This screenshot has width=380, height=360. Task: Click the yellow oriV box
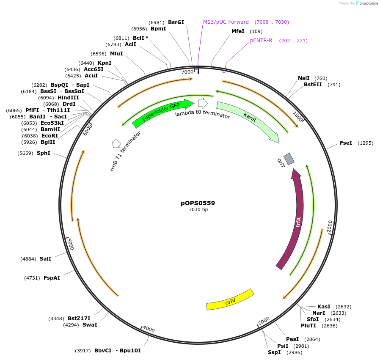[x=230, y=300]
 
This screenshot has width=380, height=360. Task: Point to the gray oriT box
[x=289, y=159]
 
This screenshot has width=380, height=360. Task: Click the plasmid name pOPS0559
[x=198, y=203]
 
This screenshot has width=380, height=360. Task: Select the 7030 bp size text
[x=198, y=210]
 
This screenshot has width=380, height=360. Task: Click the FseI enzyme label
[x=346, y=143]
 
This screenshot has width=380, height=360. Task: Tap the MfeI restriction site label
[x=238, y=31]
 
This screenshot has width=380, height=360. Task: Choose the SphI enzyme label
[x=43, y=153]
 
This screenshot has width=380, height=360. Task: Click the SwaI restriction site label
[x=90, y=325]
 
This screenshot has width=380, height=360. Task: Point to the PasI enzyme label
[x=292, y=339]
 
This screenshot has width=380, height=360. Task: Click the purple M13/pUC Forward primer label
[x=226, y=22]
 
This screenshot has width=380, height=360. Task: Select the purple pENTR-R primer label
[x=261, y=41]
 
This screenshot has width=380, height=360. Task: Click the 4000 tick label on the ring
[x=149, y=329]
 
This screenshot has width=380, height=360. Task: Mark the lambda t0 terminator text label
[x=202, y=114]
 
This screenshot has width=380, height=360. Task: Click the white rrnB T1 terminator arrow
[x=116, y=144]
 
